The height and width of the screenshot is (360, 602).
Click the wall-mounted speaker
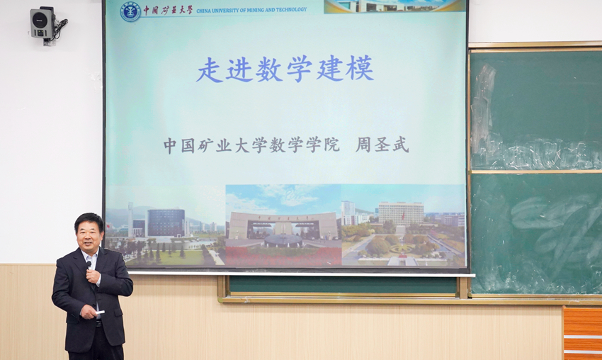pyautogui.click(x=42, y=23)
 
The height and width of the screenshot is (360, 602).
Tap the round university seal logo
pyautogui.click(x=130, y=12)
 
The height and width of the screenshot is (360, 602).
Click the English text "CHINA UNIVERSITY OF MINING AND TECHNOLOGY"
pyautogui.click(x=251, y=10)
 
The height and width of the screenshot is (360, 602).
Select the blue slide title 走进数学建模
pyautogui.click(x=285, y=69)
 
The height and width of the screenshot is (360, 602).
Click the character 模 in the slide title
pyautogui.click(x=360, y=69)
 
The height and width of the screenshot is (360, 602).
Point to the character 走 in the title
pyautogui.click(x=210, y=70)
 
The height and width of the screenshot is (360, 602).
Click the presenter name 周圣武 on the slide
pyautogui.click(x=382, y=145)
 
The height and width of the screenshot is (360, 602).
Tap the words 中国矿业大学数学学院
pyautogui.click(x=251, y=145)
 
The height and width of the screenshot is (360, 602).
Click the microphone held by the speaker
pyautogui.click(x=89, y=266)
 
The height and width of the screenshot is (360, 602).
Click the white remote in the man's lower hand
pyautogui.click(x=99, y=313)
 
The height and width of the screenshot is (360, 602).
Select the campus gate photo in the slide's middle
pyautogui.click(x=283, y=225)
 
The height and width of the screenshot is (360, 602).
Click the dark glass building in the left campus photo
pyautogui.click(x=166, y=223)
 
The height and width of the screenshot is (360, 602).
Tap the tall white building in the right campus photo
pyautogui.click(x=401, y=213)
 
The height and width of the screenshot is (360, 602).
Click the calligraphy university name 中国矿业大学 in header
pyautogui.click(x=168, y=11)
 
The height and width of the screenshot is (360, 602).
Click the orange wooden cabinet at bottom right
pyautogui.click(x=582, y=333)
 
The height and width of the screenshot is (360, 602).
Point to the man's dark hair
pyautogui.click(x=89, y=220)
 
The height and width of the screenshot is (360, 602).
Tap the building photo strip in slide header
pyautogui.click(x=394, y=6)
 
